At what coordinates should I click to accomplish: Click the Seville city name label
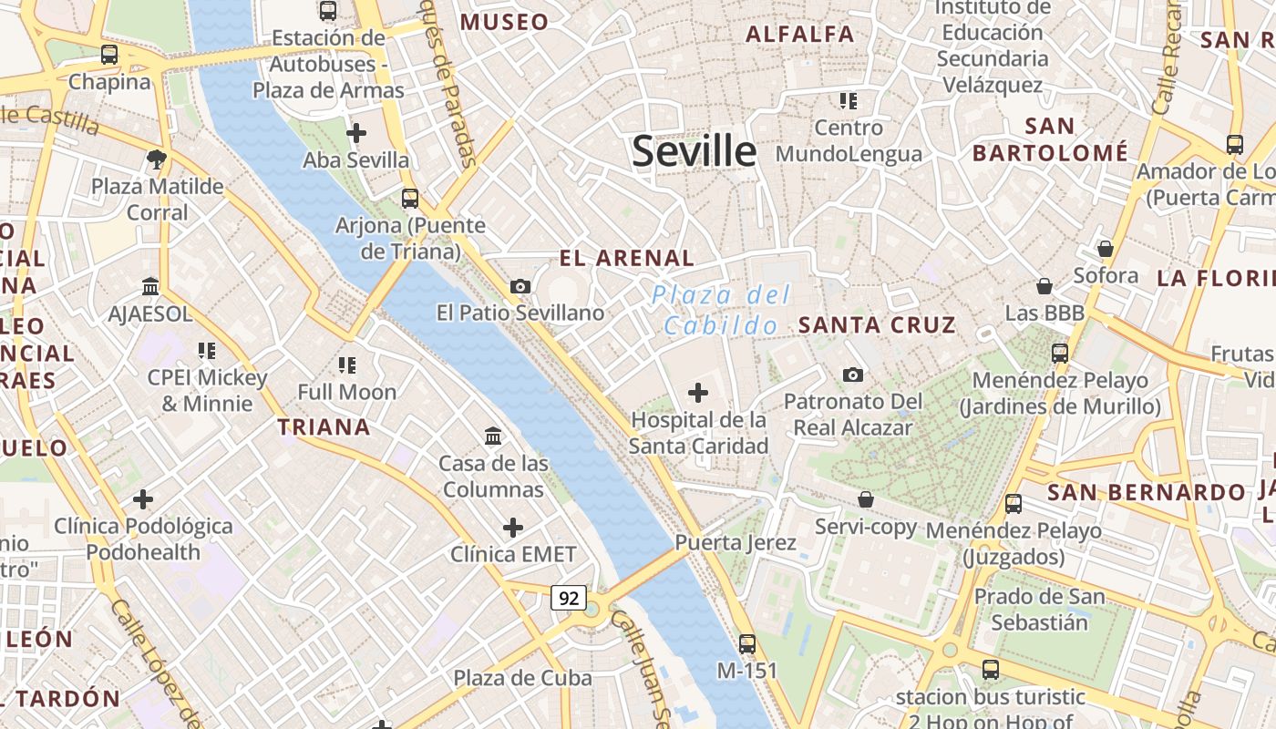(x=694, y=151)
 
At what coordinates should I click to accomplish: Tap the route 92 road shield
(x=569, y=598)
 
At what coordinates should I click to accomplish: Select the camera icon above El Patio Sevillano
(x=520, y=287)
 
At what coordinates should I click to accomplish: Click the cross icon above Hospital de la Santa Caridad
(x=698, y=393)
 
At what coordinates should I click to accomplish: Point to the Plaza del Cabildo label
(x=721, y=310)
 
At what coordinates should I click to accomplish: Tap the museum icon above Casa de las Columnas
(x=493, y=436)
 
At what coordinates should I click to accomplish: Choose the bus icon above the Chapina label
(x=109, y=55)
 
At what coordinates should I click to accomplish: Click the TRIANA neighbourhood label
(x=324, y=426)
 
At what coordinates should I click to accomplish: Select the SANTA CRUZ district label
(x=877, y=324)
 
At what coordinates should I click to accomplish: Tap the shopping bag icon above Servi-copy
(x=866, y=499)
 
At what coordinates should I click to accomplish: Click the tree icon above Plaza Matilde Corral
(x=157, y=159)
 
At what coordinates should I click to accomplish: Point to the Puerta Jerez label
(x=736, y=543)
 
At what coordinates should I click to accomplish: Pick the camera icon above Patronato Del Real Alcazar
(x=853, y=375)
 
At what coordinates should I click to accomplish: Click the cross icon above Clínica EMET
(x=513, y=528)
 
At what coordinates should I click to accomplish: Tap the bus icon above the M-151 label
(x=747, y=644)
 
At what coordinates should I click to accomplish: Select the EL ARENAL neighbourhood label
(x=627, y=258)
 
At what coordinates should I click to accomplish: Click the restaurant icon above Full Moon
(x=346, y=365)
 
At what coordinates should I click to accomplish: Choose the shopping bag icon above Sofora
(x=1106, y=249)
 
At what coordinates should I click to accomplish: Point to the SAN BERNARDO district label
(x=1146, y=493)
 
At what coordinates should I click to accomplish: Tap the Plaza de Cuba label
(x=523, y=678)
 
